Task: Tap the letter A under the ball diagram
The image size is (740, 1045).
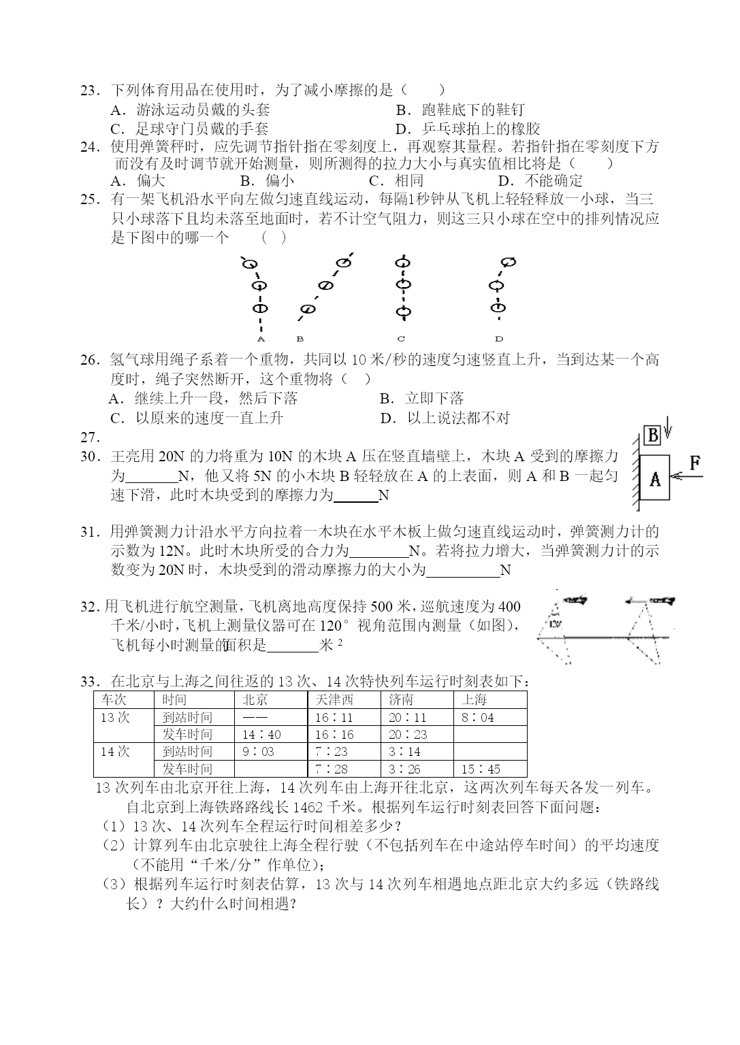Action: (x=261, y=338)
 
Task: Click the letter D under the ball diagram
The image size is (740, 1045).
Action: (x=499, y=338)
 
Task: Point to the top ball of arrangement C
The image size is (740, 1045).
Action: (x=402, y=261)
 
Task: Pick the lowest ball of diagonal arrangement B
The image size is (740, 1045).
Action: (x=308, y=310)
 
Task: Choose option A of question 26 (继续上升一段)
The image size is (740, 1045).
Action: (x=204, y=398)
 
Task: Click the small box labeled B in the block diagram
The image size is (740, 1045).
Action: (x=652, y=435)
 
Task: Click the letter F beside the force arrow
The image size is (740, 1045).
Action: (x=694, y=463)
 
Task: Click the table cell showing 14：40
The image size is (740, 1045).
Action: (x=261, y=735)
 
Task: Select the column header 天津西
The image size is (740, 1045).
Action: (x=334, y=699)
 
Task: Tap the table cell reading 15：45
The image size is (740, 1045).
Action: (x=481, y=769)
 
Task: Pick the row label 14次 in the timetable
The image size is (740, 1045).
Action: (x=115, y=752)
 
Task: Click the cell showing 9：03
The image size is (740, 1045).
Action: (x=258, y=752)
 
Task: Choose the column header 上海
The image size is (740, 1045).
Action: (x=474, y=699)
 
